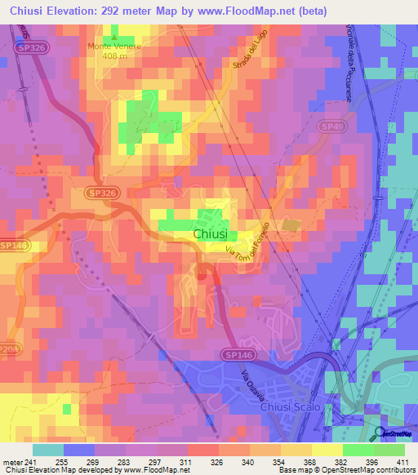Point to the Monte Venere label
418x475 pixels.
[x=115, y=47]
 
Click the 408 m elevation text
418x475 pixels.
[x=115, y=55]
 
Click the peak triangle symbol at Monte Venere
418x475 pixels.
[x=115, y=38]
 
